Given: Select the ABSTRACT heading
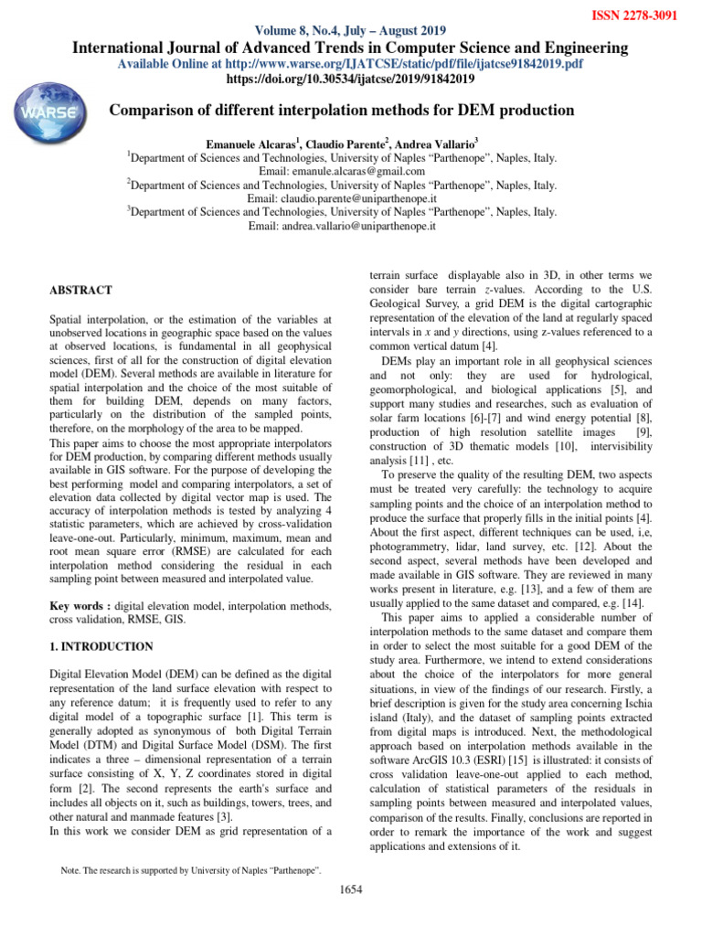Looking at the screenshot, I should point(80,291).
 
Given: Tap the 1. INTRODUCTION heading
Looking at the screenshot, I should point(101,646).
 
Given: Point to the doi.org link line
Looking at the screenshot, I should point(351,80).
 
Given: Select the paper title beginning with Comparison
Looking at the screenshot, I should point(342,111).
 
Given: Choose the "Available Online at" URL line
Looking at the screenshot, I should point(351,64).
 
